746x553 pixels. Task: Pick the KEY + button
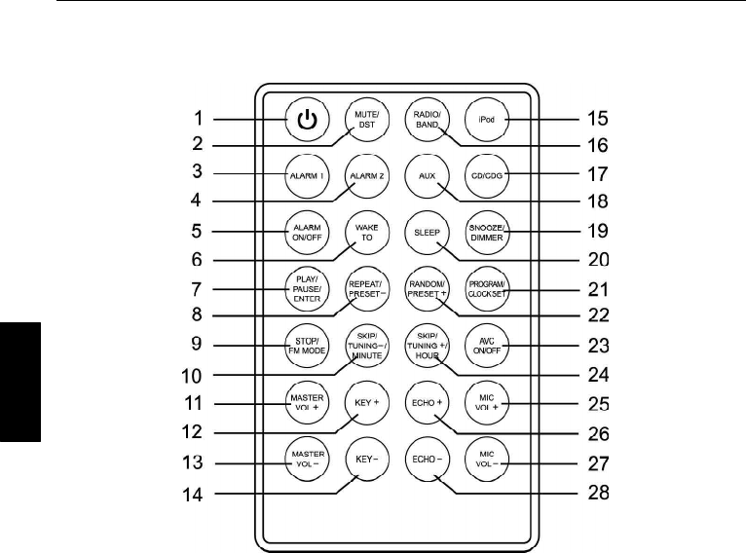(367, 400)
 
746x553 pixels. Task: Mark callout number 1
(198, 121)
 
